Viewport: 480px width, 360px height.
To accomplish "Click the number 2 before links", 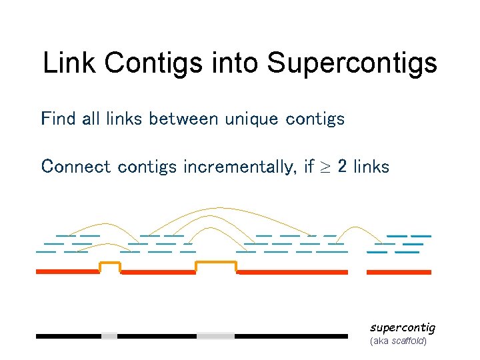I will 342,166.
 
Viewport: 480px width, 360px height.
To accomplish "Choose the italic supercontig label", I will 402,327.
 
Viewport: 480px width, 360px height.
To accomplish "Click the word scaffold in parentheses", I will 409,341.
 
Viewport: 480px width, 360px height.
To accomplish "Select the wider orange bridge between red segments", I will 216,264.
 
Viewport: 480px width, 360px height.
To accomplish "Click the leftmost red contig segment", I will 67,272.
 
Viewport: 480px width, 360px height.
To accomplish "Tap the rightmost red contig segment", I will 399,272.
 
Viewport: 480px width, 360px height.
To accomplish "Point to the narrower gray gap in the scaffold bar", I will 109,336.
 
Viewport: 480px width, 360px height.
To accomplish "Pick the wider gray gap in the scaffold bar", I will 216,336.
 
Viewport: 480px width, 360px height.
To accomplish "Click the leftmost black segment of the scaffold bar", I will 69,336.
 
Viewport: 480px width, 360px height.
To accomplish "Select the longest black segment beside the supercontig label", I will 291,336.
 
